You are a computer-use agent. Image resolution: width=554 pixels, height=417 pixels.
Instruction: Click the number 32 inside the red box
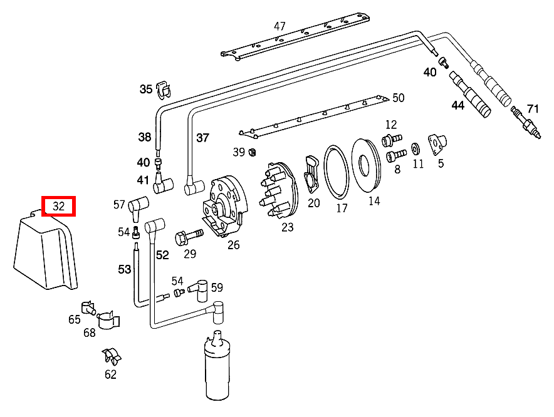(x=58, y=206)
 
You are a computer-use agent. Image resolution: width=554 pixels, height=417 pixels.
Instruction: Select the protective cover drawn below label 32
(x=45, y=254)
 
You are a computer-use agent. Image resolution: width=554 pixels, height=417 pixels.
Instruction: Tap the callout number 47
(x=280, y=26)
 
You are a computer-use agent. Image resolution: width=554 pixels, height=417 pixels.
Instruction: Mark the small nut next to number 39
(x=252, y=152)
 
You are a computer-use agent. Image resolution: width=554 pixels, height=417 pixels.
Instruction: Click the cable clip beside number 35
(x=164, y=89)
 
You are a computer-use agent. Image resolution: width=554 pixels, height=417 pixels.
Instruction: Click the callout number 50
(x=399, y=98)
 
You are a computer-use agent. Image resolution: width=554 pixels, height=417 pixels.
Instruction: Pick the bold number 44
(x=458, y=105)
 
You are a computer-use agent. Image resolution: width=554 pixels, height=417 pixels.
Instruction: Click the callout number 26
(x=233, y=245)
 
